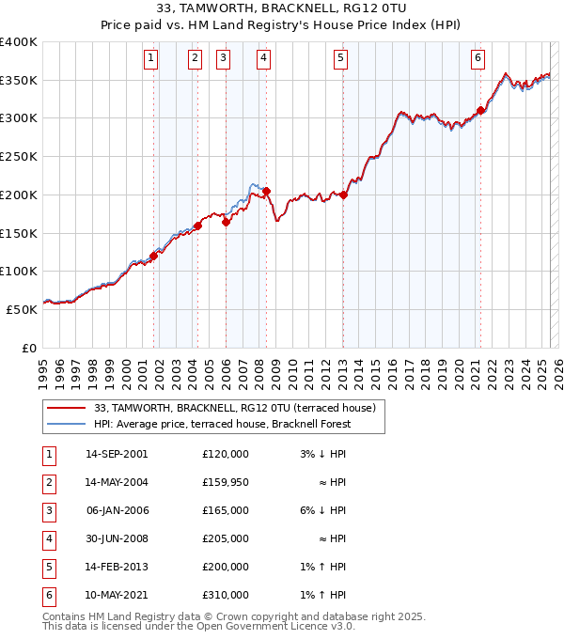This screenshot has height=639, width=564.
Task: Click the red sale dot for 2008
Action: (x=267, y=191)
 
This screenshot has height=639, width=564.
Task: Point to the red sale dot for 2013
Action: (x=344, y=195)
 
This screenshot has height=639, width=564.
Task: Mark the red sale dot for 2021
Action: (x=480, y=110)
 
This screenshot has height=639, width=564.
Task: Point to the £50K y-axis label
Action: (x=22, y=308)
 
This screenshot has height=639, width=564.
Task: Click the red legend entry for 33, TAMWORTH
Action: (x=235, y=408)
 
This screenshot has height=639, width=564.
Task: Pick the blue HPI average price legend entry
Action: (x=221, y=424)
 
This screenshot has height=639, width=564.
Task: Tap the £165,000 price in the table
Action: (x=226, y=510)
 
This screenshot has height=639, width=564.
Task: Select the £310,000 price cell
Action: (x=226, y=595)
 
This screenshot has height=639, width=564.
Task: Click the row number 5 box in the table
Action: (x=48, y=567)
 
